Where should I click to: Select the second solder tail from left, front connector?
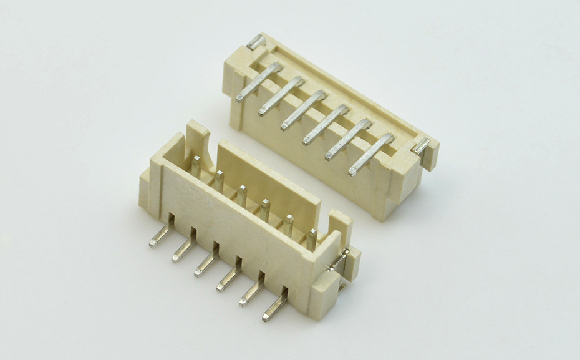(x=183, y=248)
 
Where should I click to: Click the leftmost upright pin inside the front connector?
(x=196, y=167)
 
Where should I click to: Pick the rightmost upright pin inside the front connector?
(x=311, y=238)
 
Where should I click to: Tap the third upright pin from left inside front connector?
(x=242, y=195)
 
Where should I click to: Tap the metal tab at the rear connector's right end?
(x=422, y=146)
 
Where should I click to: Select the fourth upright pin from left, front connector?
(x=265, y=209)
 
